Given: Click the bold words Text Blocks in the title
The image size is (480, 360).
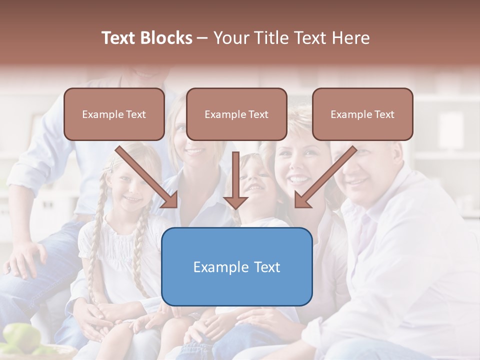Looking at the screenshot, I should point(146,38).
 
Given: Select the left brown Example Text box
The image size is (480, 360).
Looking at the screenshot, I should point(114,114).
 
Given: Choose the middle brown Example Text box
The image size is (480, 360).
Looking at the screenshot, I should point(236,114).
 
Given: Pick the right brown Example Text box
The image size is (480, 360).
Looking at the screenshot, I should point(362,114).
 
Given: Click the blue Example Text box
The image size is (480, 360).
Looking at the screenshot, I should point(236,266).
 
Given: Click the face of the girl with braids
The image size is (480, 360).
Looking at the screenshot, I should point(129,187).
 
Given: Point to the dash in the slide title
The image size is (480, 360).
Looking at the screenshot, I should point(202,38).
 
